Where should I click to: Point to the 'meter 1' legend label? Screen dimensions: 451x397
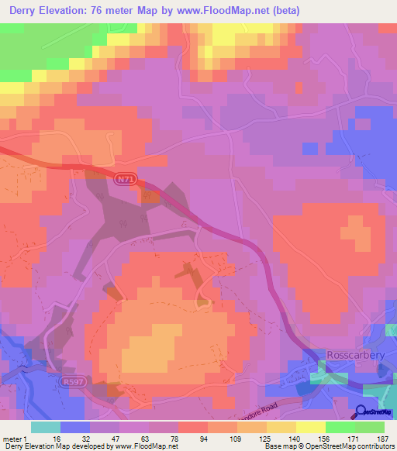click(x=15, y=438)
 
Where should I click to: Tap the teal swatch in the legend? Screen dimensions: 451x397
click(x=46, y=427)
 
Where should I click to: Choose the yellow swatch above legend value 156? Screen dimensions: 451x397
click(x=311, y=427)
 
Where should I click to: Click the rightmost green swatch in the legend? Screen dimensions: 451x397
click(x=370, y=427)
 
